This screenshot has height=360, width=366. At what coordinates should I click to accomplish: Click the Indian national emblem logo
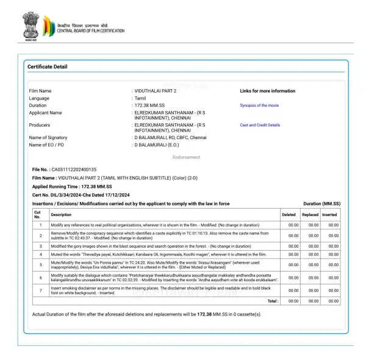pos(30,25)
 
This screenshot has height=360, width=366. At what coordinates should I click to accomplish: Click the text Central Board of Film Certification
pos(91,31)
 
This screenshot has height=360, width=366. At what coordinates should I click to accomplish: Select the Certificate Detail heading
pos(48,67)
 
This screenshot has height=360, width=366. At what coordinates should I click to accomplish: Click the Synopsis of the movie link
pos(259,106)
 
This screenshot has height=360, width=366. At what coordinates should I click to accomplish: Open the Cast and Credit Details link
pos(260,125)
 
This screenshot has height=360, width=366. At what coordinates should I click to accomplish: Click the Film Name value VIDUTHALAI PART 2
pos(155,91)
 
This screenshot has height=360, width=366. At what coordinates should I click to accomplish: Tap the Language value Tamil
pos(140,98)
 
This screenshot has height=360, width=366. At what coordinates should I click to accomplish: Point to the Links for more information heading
pos(267,91)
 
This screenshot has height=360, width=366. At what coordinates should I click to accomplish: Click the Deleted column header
pos(289,215)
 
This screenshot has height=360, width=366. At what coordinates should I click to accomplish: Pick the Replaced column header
pos(310,215)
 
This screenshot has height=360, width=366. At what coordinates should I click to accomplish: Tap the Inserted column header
pos(329,215)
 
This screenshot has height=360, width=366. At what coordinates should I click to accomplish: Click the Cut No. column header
pos(37,215)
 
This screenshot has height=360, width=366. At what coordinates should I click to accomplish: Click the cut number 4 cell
pos(40,254)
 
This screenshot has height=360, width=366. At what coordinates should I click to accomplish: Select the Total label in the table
pos(273,301)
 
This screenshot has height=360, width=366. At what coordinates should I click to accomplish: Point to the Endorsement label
pos(186,157)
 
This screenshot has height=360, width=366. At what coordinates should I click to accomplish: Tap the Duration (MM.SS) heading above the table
pos(321,203)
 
